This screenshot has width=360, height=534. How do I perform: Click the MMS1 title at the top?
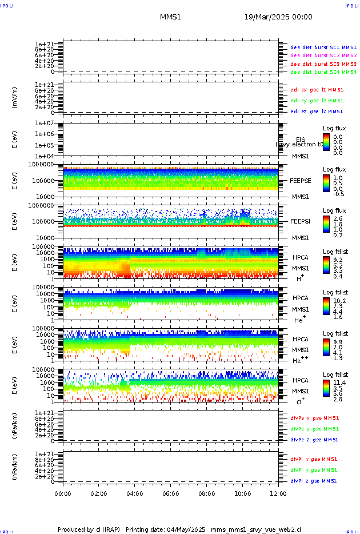pos(170,17)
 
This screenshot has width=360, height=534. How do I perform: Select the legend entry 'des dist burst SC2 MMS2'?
pos(323,55)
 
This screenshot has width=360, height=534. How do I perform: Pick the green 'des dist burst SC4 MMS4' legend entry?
pos(323,73)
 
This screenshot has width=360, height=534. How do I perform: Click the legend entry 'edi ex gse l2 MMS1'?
pos(317,89)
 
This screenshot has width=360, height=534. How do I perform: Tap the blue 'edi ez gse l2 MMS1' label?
pos(317,111)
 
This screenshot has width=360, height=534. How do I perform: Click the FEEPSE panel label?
pos(300,180)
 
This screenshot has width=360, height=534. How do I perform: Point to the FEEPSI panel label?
pos(300,221)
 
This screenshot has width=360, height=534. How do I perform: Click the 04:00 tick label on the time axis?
pos(135,493)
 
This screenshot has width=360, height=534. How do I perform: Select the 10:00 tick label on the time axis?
pos(243,493)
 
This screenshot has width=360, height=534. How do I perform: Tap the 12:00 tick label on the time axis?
pos(278,493)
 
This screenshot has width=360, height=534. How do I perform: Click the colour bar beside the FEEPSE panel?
pos(326,183)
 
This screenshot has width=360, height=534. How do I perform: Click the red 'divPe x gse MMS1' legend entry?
pos(314,418)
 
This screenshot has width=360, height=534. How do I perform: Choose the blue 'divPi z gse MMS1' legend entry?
pos(314,481)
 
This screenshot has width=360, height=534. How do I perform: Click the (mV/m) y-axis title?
pos(15,98)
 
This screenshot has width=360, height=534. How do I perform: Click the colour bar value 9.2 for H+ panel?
pos(337,260)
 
